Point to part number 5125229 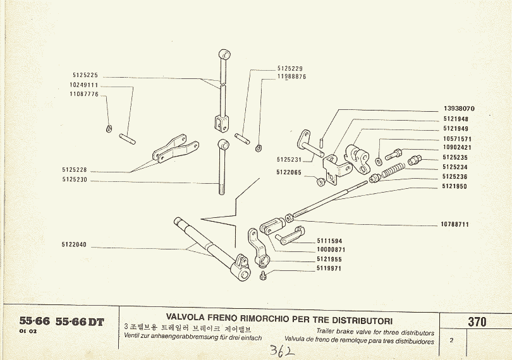pos(290,68)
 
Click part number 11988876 pos(291,76)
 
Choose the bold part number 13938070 pos(459,109)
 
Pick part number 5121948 pos(455,119)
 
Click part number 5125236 pos(455,177)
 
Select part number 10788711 pos(454,224)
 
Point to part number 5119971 pos(329,268)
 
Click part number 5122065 pos(289,172)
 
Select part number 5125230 pos(75,179)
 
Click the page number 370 pos(477,321)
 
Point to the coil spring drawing pos(393,170)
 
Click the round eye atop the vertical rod pos(224,53)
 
